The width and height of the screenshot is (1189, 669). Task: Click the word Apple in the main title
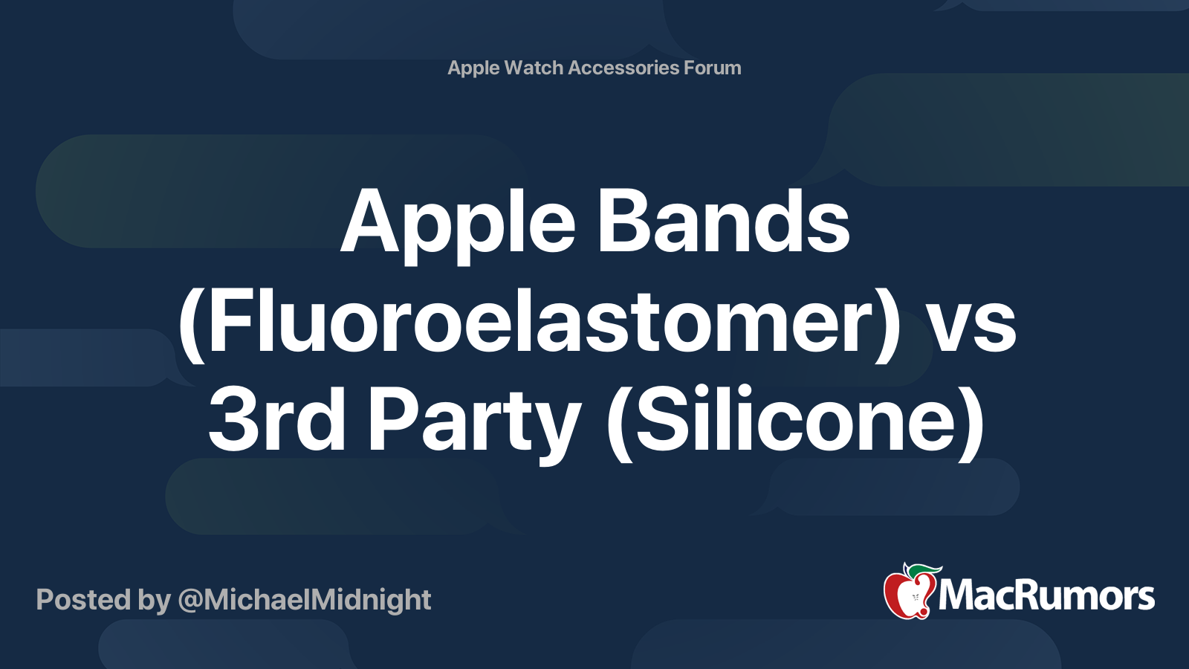point(458,226)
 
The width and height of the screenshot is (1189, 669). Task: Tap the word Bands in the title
point(724,220)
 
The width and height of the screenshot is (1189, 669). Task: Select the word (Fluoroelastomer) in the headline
point(540,325)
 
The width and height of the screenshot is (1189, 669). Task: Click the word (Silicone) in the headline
point(795,424)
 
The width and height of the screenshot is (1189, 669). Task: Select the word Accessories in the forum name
point(623,68)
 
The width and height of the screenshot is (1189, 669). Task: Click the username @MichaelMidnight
point(305,601)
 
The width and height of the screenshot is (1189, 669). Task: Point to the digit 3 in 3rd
point(231,418)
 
